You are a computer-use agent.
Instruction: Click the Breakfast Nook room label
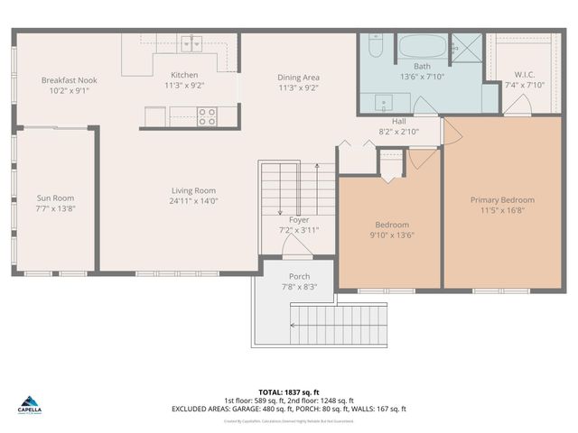point(69,80)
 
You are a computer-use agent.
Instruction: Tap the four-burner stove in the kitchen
point(207,116)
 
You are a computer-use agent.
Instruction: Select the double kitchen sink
point(191,42)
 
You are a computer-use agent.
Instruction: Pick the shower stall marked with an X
point(467,45)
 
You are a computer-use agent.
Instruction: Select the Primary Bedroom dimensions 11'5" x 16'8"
point(502,210)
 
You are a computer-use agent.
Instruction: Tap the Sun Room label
point(55,198)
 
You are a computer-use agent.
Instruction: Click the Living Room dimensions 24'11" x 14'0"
point(194,201)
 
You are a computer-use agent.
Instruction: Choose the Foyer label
point(298,219)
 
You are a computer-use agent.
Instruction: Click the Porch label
point(299,276)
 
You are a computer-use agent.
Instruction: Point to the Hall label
point(398,121)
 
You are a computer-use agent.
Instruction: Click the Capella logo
point(30,404)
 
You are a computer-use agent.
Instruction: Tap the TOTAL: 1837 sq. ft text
point(288,392)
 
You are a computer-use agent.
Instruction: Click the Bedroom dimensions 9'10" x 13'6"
point(392,235)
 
